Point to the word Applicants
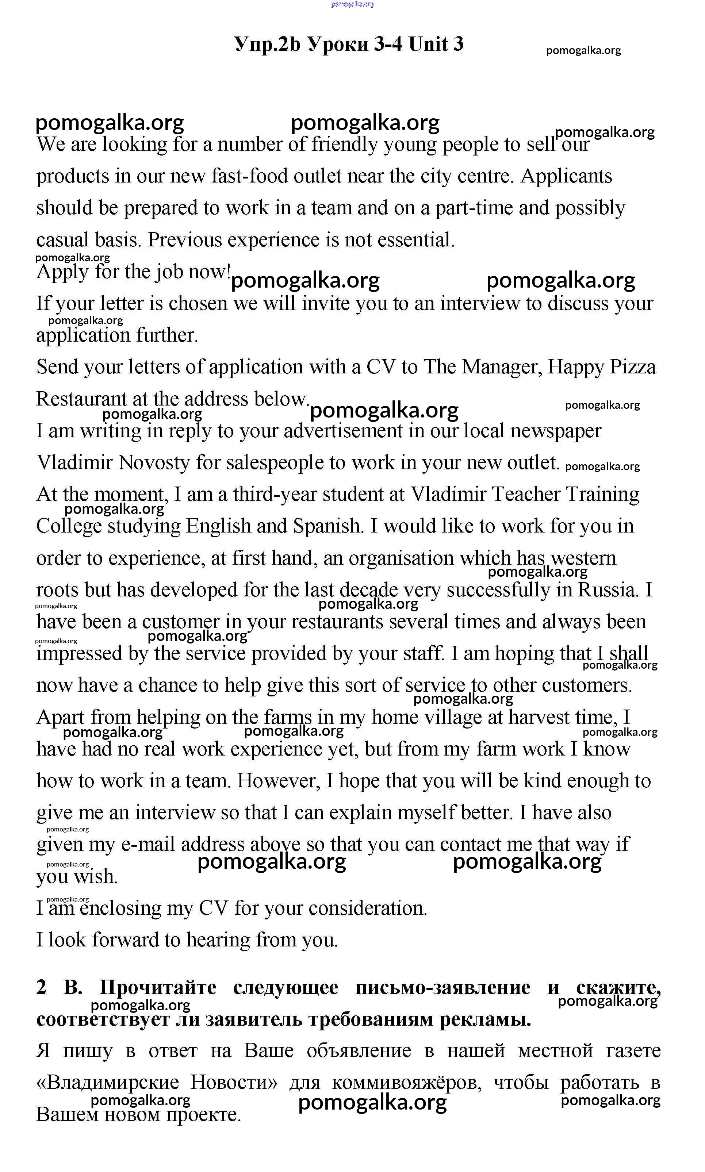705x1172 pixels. tap(566, 176)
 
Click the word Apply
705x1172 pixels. tap(62, 273)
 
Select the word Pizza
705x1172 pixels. tap(633, 367)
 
